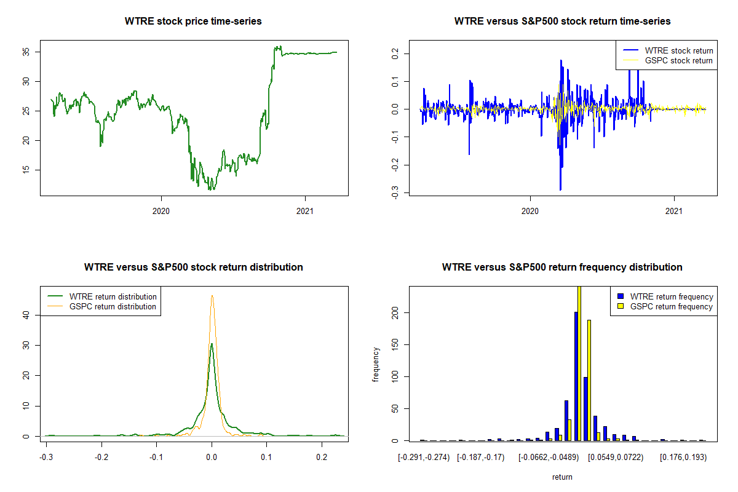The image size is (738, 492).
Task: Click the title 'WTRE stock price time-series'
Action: pos(193,22)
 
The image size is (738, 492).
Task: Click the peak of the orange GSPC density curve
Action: pos(212,296)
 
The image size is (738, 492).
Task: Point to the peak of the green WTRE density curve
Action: pos(212,344)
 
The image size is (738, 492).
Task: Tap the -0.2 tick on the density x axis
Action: pos(102,458)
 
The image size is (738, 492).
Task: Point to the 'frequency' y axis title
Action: pos(376,365)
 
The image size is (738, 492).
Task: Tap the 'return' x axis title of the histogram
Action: pos(562,477)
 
